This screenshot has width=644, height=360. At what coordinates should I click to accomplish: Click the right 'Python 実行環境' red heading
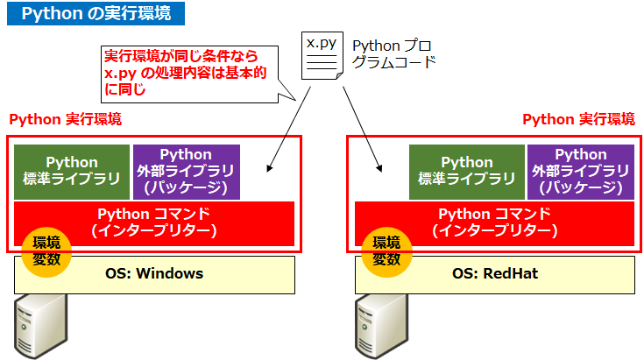point(578,119)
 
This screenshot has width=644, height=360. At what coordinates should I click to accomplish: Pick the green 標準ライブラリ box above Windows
point(72,171)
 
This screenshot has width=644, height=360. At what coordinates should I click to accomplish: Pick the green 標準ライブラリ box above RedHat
point(467,171)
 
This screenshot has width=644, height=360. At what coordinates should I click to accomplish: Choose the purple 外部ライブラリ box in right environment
point(581,171)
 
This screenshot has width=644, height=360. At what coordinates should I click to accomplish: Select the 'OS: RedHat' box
point(495,274)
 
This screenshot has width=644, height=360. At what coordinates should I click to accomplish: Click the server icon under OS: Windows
point(40,329)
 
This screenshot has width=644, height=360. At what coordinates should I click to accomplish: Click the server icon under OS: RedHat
point(381,329)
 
